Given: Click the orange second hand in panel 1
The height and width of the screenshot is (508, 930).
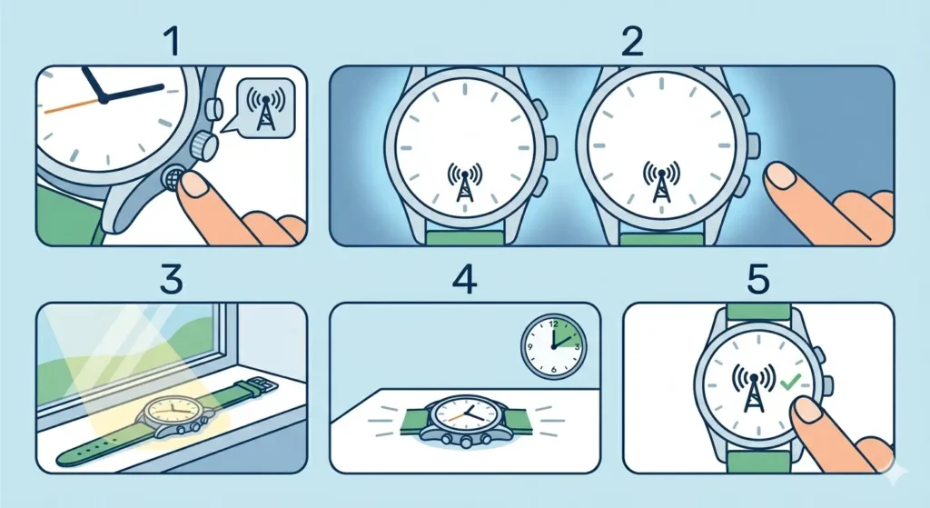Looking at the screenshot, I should [68, 105].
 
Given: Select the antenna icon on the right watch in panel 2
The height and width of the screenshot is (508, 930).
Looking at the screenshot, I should [662, 178].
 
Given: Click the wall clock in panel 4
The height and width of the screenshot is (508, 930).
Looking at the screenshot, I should [553, 346].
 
